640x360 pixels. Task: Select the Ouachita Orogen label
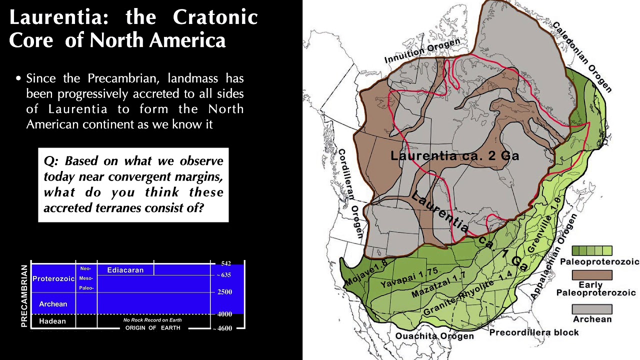click(x=434, y=336)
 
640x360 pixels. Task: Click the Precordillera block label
click(x=533, y=332)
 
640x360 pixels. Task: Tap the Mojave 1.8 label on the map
click(x=366, y=275)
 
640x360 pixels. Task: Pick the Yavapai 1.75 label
click(x=409, y=278)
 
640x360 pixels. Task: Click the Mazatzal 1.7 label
click(x=438, y=286)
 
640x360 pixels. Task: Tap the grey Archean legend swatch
click(x=592, y=309)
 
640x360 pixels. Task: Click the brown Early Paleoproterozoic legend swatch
click(x=592, y=275)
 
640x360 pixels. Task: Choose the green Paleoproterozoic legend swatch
click(x=592, y=250)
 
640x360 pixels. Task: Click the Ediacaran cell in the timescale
click(x=125, y=270)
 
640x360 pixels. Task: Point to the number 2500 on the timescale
click(x=224, y=292)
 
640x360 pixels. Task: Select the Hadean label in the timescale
click(x=52, y=321)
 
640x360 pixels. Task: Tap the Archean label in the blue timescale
click(x=53, y=304)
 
